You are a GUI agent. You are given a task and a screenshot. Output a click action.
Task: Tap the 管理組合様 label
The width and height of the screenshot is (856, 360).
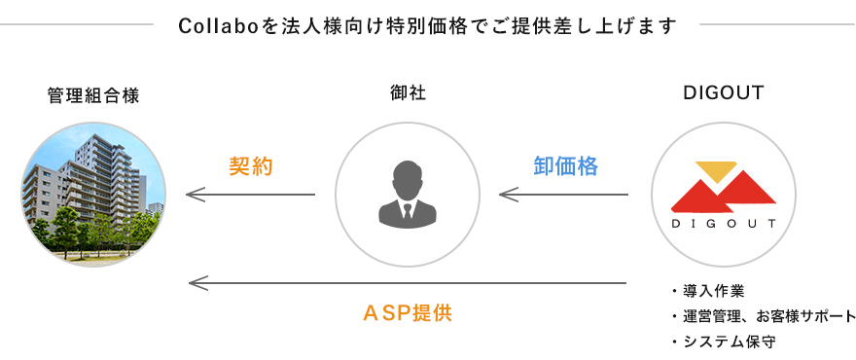pyautogui.click(x=93, y=95)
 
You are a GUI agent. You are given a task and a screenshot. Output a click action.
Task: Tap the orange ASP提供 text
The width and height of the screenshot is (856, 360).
pyautogui.click(x=408, y=314)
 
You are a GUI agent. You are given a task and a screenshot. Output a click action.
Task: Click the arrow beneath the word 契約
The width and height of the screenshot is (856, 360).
pyautogui.click(x=251, y=196)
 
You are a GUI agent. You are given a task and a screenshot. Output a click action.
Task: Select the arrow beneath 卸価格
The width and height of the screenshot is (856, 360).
pyautogui.click(x=564, y=196)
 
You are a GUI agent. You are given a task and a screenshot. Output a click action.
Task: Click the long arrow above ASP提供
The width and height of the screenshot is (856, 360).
pyautogui.click(x=408, y=283)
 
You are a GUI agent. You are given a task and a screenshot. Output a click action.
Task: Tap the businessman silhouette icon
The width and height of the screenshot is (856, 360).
pyautogui.click(x=408, y=193)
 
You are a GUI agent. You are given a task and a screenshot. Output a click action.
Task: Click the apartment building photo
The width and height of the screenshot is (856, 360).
pyautogui.click(x=93, y=195)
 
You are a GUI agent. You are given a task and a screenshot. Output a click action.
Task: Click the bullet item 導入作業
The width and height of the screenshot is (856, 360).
pyautogui.click(x=713, y=292)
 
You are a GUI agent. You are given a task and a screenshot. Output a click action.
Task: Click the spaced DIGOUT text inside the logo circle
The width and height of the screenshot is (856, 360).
pyautogui.click(x=723, y=224)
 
